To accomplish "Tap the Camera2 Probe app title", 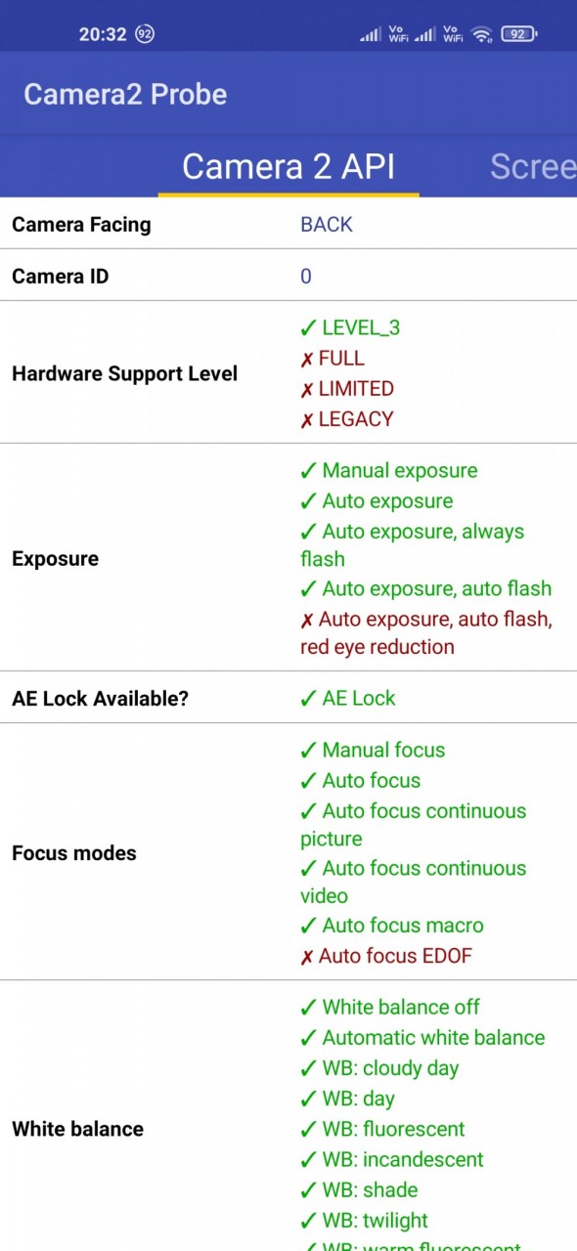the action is [x=125, y=94].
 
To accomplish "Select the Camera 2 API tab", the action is [x=288, y=166].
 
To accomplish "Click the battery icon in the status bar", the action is [x=519, y=34].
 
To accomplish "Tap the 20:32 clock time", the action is [x=103, y=34].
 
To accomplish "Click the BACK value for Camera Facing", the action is [x=327, y=225].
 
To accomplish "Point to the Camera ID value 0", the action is [x=306, y=276].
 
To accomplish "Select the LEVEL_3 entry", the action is [x=350, y=327].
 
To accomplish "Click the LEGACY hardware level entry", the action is [x=347, y=419].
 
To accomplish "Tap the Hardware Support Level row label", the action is [x=124, y=373].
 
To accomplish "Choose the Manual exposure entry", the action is [x=389, y=470].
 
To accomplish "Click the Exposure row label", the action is [x=56, y=558].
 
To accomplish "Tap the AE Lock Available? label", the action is [x=101, y=698].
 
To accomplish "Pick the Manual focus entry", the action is [x=373, y=750].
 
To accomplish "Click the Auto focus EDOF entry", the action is [x=386, y=956].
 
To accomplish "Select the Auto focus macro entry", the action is [x=392, y=926].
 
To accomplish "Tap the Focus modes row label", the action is [x=74, y=853].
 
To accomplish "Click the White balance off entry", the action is [x=390, y=1007].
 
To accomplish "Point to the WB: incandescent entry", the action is [x=392, y=1159].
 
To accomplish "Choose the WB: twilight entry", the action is [x=364, y=1221].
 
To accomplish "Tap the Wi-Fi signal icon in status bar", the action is [x=482, y=34].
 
